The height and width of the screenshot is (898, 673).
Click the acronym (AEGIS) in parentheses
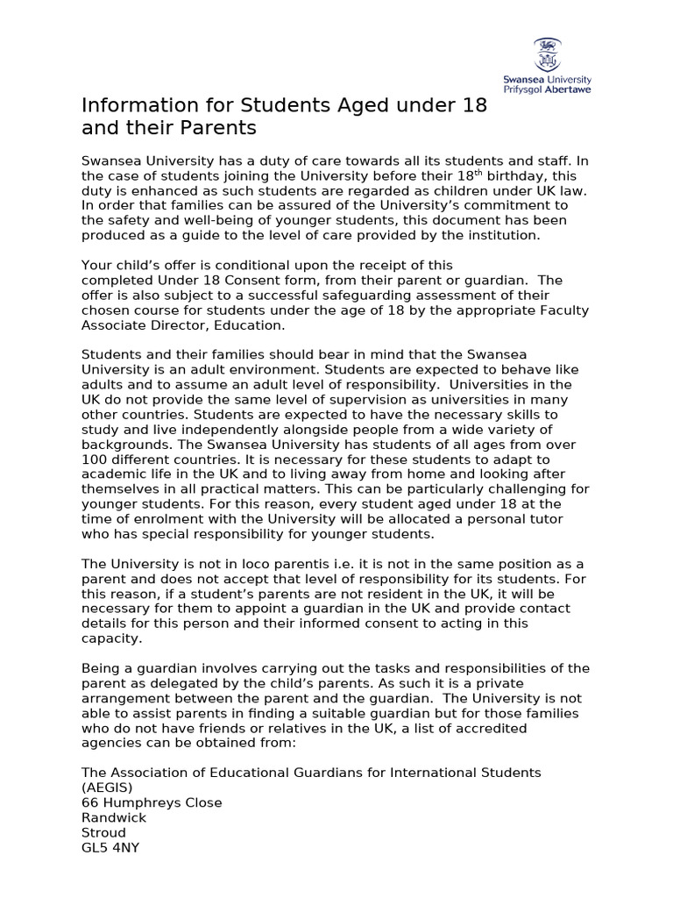[107, 787]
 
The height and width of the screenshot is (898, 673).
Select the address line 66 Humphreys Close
[152, 802]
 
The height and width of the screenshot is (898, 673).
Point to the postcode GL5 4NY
[110, 847]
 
